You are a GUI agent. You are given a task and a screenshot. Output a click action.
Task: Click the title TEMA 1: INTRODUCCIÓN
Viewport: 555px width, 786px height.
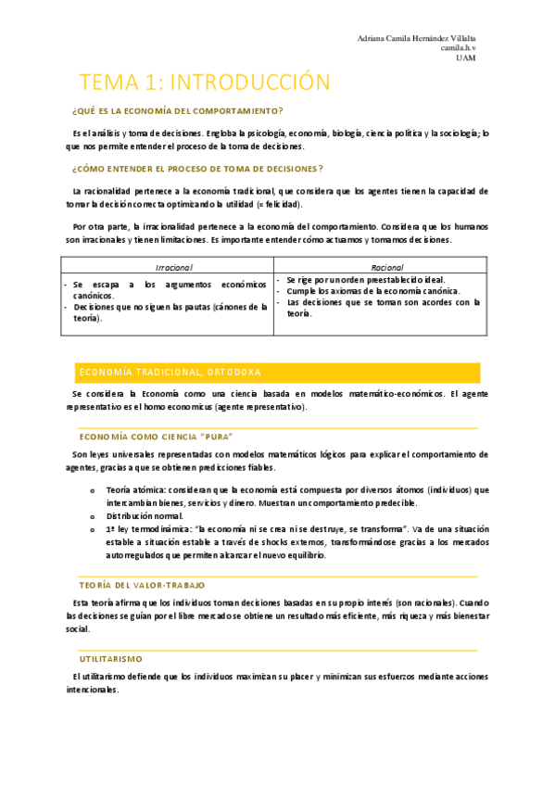[x=204, y=82]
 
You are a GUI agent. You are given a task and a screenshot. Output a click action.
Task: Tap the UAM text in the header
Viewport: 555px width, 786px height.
[x=466, y=57]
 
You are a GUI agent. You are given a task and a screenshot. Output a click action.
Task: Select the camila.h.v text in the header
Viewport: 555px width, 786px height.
[x=458, y=48]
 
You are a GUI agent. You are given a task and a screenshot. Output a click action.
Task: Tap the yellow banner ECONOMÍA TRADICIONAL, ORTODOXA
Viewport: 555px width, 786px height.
[x=170, y=372]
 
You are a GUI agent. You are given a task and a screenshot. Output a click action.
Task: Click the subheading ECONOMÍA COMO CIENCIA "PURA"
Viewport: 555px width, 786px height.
[x=156, y=436]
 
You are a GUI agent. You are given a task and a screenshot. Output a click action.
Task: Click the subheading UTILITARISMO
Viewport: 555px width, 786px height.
[x=111, y=656]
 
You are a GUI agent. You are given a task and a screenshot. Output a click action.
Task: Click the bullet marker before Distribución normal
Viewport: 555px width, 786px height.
[x=92, y=516]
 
